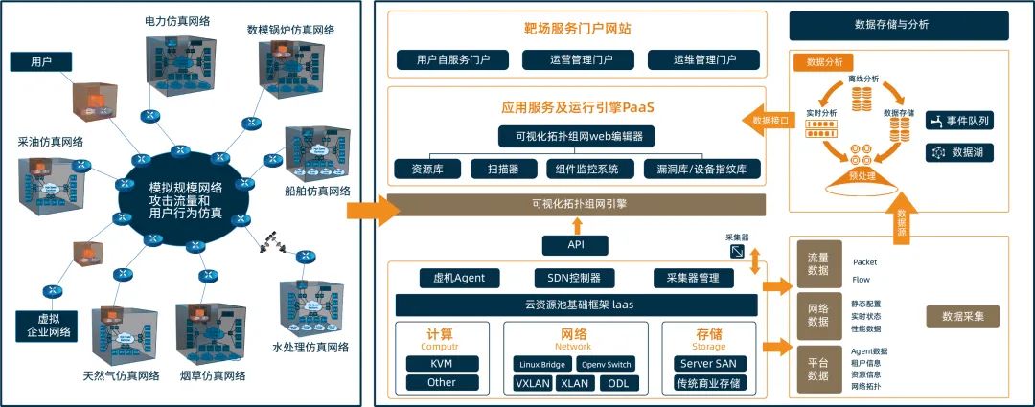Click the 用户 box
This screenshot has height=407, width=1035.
point(41,62)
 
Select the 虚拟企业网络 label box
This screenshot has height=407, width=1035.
point(44,326)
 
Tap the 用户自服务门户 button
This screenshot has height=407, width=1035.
point(453,60)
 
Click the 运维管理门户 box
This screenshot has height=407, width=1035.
point(703,60)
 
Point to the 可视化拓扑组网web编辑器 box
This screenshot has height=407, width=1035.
point(577,135)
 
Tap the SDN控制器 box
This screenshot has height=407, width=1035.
point(567,279)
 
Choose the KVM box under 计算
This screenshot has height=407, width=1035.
point(442,364)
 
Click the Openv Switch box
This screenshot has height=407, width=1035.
point(606,364)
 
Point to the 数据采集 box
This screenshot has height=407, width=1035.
point(970,315)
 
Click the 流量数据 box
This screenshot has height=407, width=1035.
point(817,264)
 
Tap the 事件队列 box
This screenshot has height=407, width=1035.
point(960,122)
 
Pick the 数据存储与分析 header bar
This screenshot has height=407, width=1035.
point(898,25)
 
